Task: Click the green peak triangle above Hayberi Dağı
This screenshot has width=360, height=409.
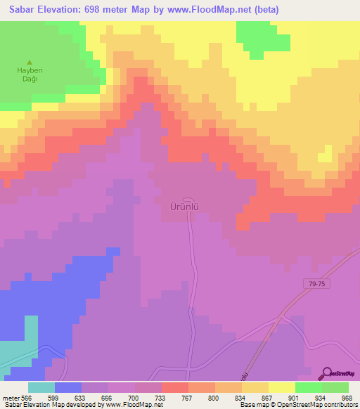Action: (29, 61)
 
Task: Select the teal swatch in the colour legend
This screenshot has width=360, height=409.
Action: (41, 387)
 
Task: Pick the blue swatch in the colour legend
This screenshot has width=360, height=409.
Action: (68, 387)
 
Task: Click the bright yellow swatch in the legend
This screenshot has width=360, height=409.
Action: (281, 387)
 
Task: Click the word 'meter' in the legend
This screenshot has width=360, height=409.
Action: (11, 397)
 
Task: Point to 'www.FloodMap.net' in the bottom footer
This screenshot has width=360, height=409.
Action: (137, 405)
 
